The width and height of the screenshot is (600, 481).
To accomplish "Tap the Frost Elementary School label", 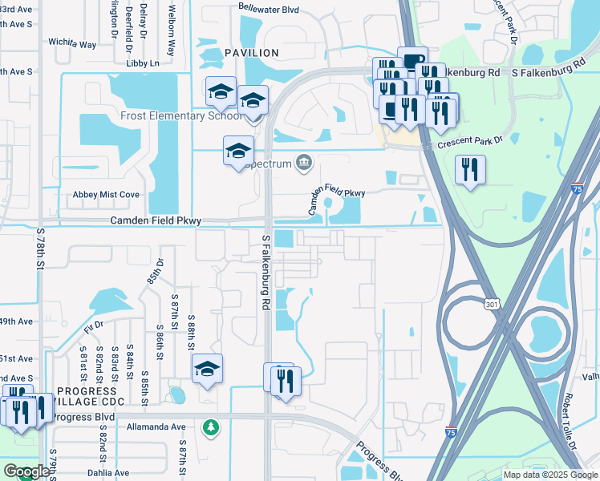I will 181,115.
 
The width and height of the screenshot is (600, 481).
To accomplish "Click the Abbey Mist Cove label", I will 106,194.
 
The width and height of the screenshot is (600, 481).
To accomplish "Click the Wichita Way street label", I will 71,43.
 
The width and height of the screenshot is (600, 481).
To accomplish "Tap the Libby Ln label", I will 144,63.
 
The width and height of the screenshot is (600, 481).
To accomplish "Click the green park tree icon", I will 210,427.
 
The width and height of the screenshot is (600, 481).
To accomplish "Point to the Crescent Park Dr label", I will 468,144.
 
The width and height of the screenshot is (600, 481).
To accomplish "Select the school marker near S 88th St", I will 208,369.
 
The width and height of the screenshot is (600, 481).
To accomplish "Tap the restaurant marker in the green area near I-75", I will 469,169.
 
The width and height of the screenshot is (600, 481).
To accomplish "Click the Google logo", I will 26,471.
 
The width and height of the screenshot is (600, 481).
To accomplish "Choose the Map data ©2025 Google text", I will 550,475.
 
